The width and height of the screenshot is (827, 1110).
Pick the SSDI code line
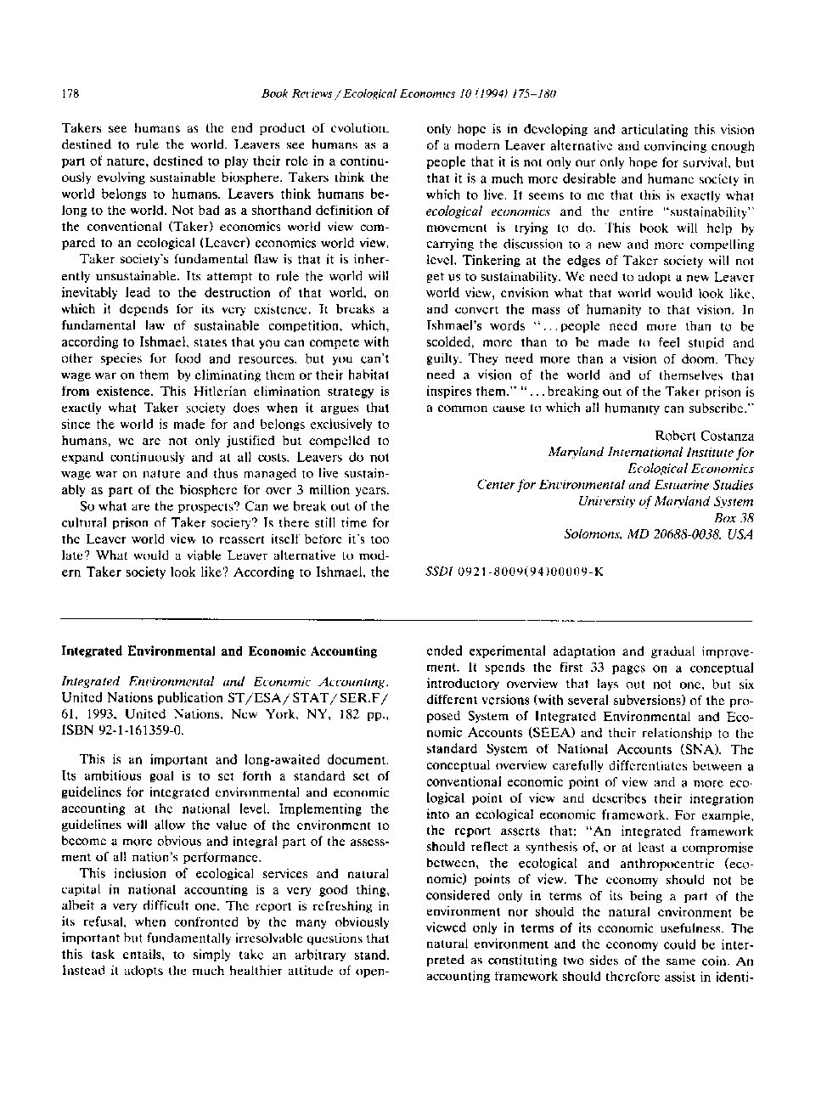[x=515, y=572]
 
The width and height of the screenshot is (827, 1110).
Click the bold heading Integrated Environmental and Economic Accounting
[x=219, y=651]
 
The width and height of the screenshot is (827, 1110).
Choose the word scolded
[x=451, y=342]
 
